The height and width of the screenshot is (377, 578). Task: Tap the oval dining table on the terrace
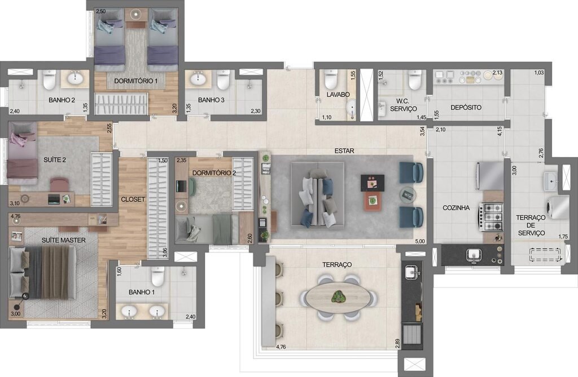pos(338,297)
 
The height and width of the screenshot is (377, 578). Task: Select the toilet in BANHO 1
pos(157,276)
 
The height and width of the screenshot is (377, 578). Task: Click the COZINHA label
pos(456,208)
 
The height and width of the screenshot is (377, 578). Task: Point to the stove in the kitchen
pos(491,216)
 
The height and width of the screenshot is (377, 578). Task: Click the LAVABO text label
pos(338,95)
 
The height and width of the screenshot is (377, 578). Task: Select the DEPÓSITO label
pos(466,107)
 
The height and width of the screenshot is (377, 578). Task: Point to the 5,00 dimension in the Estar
pos(419,242)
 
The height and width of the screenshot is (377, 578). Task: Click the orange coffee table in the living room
pos(372,199)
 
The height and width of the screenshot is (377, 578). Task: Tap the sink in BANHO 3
pos(198,79)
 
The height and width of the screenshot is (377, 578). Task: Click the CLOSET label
pos(133,199)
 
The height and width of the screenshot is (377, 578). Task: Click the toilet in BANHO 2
pos(49,81)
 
